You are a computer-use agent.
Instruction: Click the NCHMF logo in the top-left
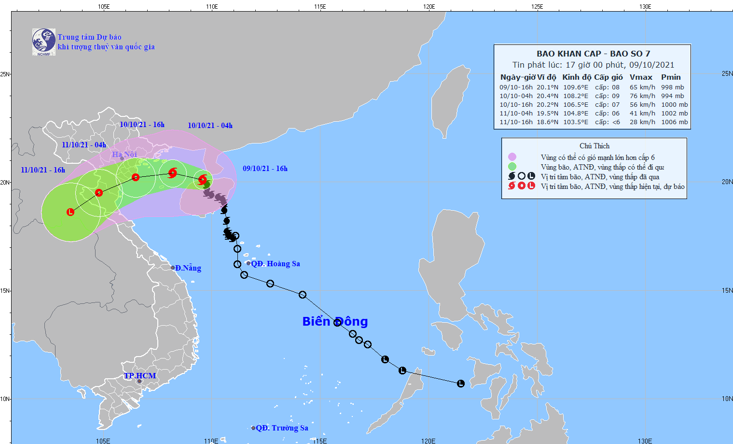44,42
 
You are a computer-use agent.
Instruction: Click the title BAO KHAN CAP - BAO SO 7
593,54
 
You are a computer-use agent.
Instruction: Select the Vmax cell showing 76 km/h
642,96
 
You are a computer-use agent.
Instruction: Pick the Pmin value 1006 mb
674,122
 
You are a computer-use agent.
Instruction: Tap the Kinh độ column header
576,77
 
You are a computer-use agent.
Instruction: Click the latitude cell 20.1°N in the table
547,87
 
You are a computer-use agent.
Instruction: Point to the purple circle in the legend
512,157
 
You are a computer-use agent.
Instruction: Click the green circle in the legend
512,167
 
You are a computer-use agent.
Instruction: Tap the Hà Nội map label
124,154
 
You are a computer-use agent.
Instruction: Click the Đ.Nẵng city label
188,268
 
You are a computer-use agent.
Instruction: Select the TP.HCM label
140,376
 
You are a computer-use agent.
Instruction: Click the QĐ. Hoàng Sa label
276,264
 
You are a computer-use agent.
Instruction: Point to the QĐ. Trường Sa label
282,428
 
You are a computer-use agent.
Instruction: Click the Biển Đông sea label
335,321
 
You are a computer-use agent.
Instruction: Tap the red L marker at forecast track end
70,212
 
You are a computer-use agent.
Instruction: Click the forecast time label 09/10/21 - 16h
265,169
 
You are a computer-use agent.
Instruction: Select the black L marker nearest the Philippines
460,384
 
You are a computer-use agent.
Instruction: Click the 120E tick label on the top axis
429,6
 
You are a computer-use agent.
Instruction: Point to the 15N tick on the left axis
5,290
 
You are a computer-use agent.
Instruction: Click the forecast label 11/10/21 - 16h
43,170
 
